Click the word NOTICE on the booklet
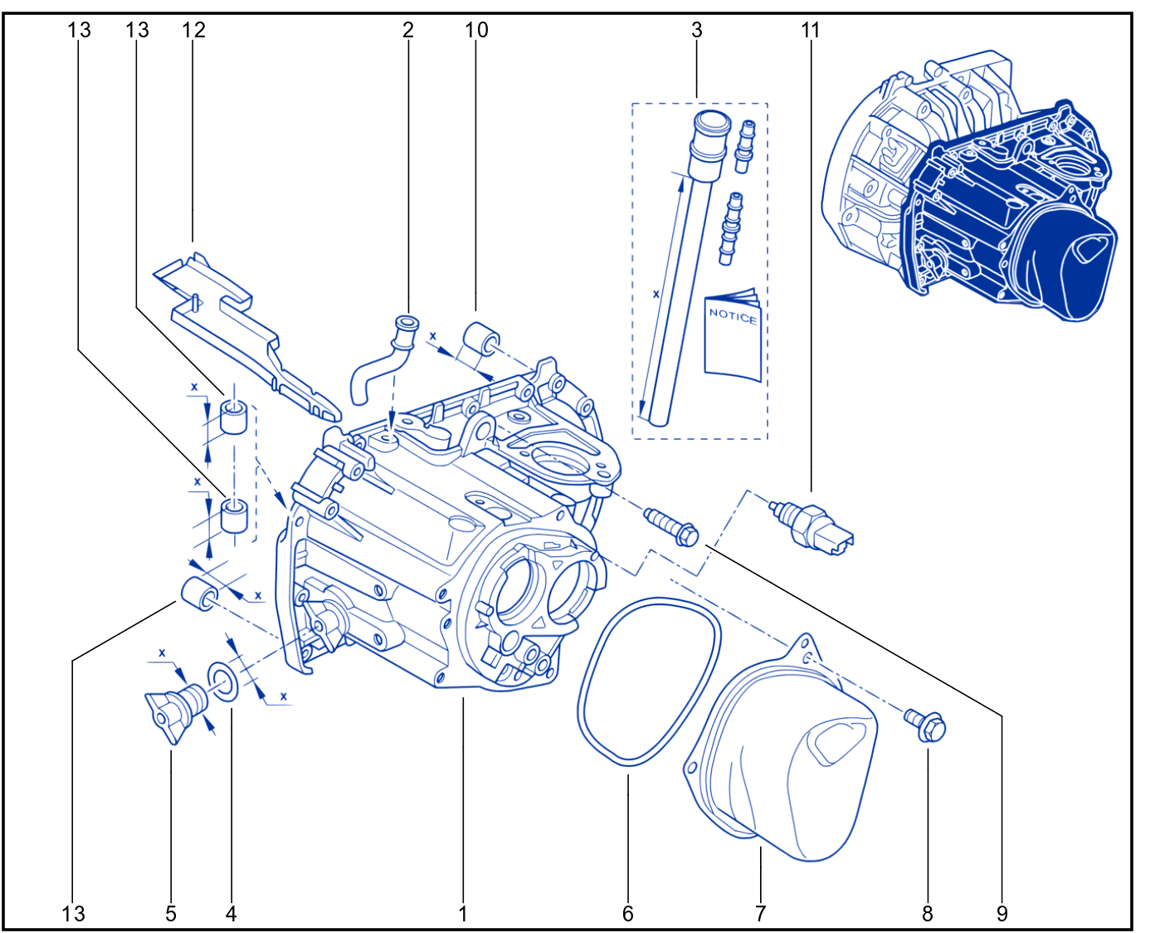[x=733, y=316]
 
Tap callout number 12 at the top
[x=193, y=30]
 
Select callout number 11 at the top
[x=811, y=30]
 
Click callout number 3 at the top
[x=697, y=30]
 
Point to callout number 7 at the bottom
[x=760, y=914]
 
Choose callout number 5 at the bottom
[x=171, y=914]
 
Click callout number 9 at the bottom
[x=1002, y=914]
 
